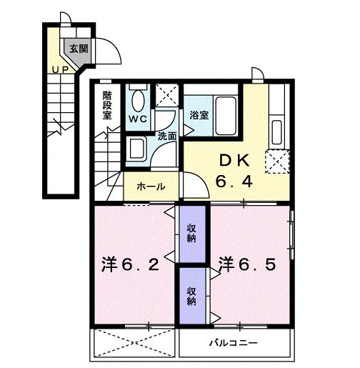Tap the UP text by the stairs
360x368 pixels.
pyautogui.click(x=59, y=69)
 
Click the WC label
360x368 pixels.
pyautogui.click(x=138, y=119)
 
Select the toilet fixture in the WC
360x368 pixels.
pyautogui.click(x=139, y=99)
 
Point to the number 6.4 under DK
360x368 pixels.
pyautogui.click(x=234, y=182)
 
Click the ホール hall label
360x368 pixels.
pyautogui.click(x=151, y=187)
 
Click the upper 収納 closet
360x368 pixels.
pyautogui.click(x=192, y=232)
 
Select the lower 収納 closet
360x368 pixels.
pyautogui.click(x=192, y=297)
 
